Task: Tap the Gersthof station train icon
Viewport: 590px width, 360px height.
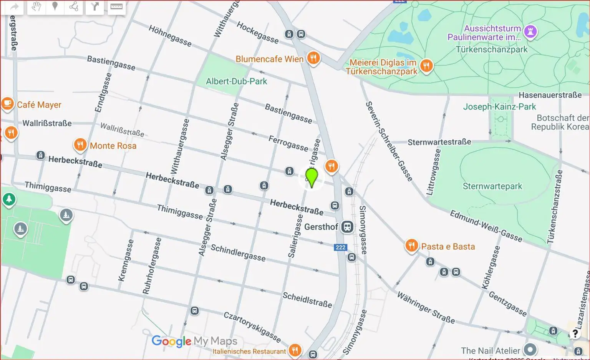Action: click(x=347, y=227)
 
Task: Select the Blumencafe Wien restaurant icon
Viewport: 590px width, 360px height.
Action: click(x=314, y=58)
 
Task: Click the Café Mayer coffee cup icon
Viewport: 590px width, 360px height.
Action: click(x=7, y=104)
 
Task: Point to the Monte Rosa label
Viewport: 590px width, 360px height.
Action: click(x=113, y=146)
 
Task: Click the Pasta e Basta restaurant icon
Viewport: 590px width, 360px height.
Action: click(x=411, y=246)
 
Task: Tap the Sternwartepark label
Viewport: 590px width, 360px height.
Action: click(x=492, y=186)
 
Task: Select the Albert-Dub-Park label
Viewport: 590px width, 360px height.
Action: click(x=236, y=81)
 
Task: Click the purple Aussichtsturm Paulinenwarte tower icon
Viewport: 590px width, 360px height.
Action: click(x=530, y=32)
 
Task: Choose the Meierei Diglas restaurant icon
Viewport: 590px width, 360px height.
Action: click(x=426, y=66)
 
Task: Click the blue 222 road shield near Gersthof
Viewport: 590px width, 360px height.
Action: click(x=340, y=247)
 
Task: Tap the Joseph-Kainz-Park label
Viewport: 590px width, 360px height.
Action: click(x=499, y=107)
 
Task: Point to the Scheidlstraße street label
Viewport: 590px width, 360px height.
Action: click(x=307, y=300)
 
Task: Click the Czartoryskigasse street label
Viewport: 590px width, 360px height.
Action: click(x=252, y=327)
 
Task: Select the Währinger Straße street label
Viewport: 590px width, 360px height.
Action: click(x=426, y=307)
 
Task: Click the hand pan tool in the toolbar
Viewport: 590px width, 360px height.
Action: click(x=36, y=7)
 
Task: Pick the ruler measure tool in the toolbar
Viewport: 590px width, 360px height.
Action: click(x=116, y=7)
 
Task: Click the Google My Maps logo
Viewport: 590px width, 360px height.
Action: click(x=194, y=341)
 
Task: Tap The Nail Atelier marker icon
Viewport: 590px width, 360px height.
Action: click(x=530, y=350)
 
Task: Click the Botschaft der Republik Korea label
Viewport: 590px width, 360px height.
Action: click(x=560, y=122)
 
